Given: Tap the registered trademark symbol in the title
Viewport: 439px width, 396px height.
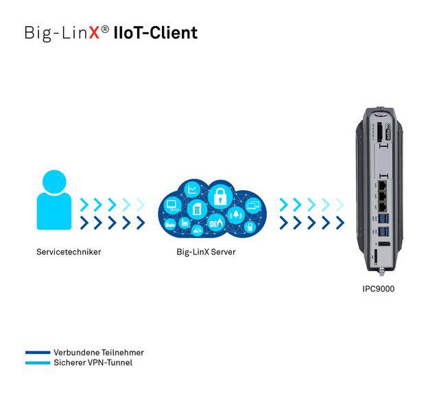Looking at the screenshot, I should pyautogui.click(x=104, y=29).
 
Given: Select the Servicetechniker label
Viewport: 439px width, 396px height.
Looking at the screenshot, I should pyautogui.click(x=69, y=252).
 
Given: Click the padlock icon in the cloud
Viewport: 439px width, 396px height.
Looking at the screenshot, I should pyautogui.click(x=221, y=196).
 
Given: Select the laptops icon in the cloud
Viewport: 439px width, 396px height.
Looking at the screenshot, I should pyautogui.click(x=253, y=204).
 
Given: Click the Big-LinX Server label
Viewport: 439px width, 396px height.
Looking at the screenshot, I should pyautogui.click(x=206, y=252).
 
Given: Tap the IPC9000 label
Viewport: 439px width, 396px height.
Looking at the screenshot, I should pyautogui.click(x=379, y=289).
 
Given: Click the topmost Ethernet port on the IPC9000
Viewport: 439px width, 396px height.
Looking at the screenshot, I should pyautogui.click(x=382, y=184).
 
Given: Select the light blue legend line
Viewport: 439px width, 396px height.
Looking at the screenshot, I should pyautogui.click(x=38, y=363).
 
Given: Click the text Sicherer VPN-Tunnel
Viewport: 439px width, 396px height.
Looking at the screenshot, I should pyautogui.click(x=93, y=363).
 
